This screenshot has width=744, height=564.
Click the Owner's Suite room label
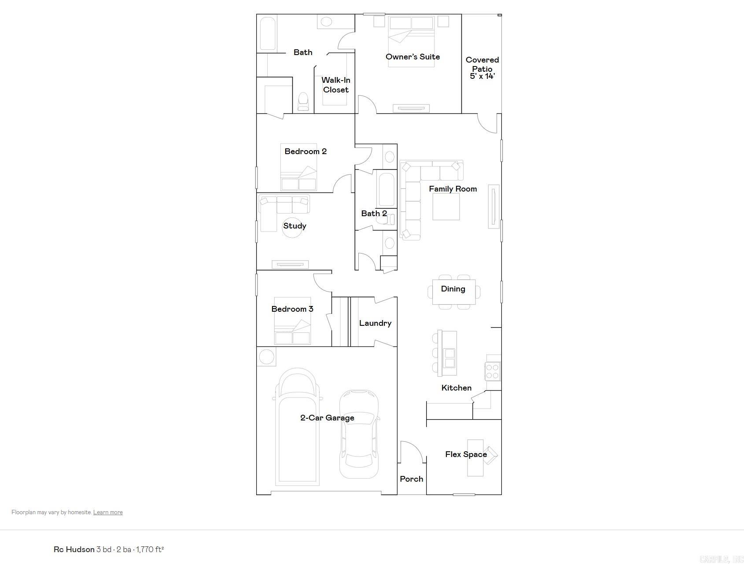coord(413,57)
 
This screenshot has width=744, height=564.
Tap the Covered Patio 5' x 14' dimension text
coord(482,76)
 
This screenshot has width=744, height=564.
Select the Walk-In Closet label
coord(336,85)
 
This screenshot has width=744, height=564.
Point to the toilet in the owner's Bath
coord(303,101)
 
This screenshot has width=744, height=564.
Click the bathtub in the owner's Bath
coord(268,33)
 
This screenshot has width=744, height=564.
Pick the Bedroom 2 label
coord(306,151)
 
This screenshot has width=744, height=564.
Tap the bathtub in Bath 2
coord(386,189)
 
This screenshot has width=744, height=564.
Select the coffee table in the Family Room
coord(446,206)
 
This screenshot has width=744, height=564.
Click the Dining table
coord(453,291)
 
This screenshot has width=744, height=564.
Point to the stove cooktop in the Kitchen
coord(493,371)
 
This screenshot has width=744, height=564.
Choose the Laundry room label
coord(375,323)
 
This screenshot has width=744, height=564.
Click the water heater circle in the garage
coord(266,357)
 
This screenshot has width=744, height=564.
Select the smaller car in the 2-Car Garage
coord(359,434)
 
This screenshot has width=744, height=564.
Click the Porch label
coord(411,479)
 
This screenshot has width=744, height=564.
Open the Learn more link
coord(108,512)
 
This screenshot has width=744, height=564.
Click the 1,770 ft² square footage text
coord(150,549)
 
